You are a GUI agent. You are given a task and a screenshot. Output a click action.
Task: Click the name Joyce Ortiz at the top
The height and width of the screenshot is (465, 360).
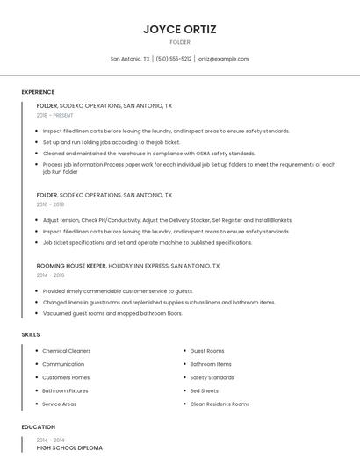pos(180,29)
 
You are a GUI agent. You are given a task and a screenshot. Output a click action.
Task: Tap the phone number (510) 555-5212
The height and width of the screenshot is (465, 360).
pos(174,59)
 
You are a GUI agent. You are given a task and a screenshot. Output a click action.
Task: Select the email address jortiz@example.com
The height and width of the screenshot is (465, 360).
pos(223,59)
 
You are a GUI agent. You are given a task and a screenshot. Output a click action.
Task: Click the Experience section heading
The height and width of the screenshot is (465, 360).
pos(38,92)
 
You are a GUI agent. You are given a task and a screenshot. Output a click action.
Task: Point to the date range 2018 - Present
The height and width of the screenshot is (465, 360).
pos(55,115)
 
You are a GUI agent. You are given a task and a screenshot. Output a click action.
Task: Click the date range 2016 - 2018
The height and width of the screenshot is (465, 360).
pos(50,204)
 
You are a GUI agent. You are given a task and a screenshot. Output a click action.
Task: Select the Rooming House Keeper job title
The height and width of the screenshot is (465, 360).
pos(71,265)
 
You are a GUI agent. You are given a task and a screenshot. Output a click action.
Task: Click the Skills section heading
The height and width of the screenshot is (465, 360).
pos(31,334)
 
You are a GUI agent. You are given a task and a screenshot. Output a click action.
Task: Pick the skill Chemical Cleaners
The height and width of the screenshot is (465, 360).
pos(67,351)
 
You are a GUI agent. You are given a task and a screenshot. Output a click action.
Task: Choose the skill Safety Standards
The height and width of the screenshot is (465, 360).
pos(212,377)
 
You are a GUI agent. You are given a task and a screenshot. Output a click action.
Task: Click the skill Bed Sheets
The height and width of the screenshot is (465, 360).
pos(205,390)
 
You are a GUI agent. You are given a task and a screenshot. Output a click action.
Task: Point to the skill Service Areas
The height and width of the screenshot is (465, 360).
pos(59,404)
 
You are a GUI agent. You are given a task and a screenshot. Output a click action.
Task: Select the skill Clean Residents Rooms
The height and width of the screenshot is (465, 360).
pos(220,404)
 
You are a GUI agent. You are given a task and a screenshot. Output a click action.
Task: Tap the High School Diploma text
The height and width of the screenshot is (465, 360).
pos(69,447)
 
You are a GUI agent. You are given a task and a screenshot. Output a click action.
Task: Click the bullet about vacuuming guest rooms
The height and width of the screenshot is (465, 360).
pos(112,313)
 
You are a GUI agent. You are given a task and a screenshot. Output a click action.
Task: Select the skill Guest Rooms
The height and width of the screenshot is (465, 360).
pos(207,351)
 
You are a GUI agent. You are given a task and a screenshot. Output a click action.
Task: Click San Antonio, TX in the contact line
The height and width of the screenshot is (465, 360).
pos(130,59)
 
